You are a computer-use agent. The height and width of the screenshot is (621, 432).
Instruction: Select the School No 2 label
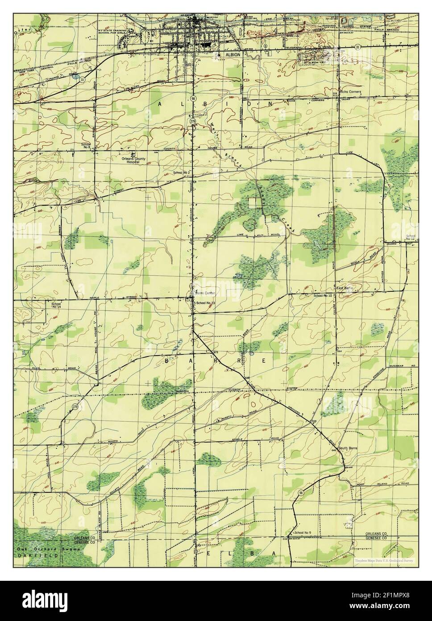182,172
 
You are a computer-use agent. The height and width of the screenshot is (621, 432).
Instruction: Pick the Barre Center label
204,293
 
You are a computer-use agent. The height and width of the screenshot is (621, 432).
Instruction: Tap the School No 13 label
206,303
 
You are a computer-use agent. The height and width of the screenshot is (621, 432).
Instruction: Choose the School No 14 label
56,305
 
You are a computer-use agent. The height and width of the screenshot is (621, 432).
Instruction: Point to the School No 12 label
411,237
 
